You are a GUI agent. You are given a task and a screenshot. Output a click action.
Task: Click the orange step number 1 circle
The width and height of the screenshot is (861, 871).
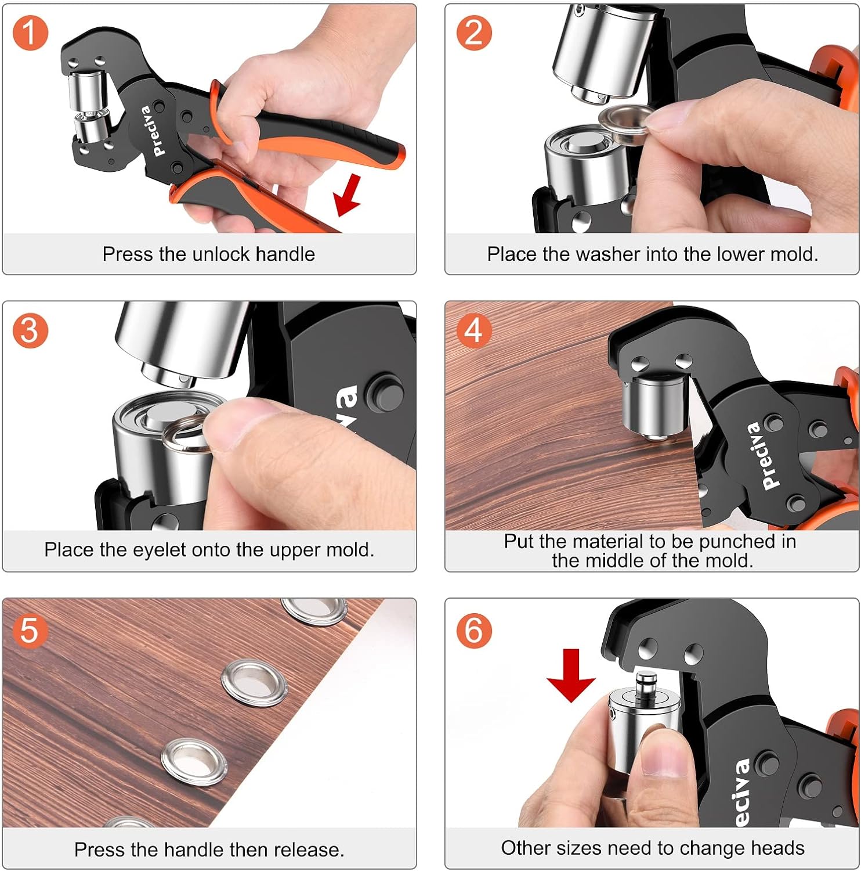(x=30, y=33)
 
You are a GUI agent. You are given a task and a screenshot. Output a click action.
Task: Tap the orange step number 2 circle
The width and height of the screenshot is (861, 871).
(x=474, y=33)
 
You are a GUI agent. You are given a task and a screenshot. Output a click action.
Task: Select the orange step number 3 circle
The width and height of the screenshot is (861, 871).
(x=30, y=330)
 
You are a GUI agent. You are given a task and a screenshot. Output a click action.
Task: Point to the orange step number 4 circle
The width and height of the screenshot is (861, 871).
(x=474, y=330)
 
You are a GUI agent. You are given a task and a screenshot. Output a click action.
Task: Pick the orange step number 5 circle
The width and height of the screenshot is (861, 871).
(x=30, y=629)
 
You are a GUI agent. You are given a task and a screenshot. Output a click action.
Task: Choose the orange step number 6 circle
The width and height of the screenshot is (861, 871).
(x=474, y=629)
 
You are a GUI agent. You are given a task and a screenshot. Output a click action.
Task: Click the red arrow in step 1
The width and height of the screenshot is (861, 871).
(x=348, y=197)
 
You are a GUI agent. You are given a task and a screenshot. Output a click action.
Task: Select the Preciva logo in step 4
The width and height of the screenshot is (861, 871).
(x=762, y=456)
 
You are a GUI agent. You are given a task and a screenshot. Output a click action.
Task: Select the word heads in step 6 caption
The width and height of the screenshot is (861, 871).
(x=777, y=848)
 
